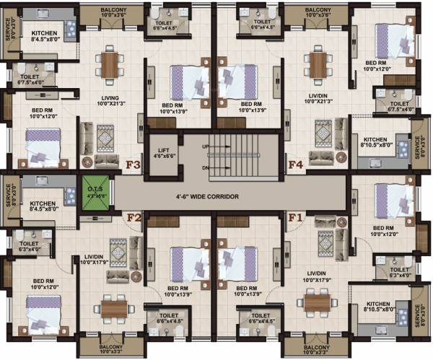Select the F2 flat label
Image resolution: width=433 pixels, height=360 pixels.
click(x=134, y=216)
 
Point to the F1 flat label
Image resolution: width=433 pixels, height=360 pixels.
click(x=296, y=216)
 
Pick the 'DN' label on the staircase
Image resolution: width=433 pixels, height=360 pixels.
click(x=206, y=169)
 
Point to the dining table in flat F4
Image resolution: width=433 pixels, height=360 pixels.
click(x=318, y=63)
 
